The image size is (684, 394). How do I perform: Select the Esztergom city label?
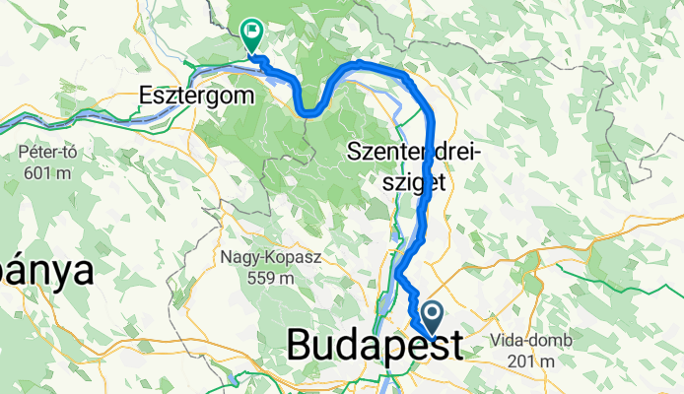click(x=195, y=97)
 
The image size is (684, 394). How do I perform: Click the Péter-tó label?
click(x=46, y=154)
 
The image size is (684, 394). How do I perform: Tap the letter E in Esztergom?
click(x=148, y=97)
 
